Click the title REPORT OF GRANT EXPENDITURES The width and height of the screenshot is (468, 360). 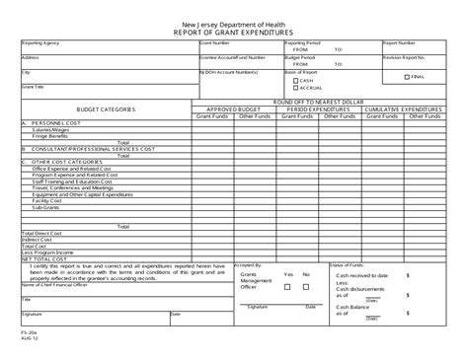click(x=236, y=32)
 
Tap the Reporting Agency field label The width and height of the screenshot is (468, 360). click(x=39, y=44)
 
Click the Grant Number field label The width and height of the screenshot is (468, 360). click(x=218, y=44)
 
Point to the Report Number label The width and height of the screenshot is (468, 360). click(x=398, y=44)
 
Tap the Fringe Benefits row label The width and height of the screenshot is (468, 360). click(x=49, y=134)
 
